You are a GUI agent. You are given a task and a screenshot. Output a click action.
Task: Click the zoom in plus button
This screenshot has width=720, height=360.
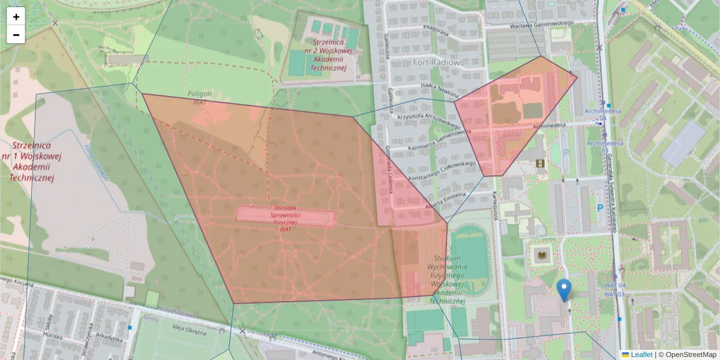click(x=16, y=17)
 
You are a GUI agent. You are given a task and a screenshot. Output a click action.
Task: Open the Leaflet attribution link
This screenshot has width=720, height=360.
click(x=641, y=355)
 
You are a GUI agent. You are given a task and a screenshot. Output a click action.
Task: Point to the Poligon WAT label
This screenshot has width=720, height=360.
click(x=200, y=98)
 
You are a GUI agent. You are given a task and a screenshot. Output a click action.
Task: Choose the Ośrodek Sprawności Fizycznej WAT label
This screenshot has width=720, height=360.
click(x=286, y=214)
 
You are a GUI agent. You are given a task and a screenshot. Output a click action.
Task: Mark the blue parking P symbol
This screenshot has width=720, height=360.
click(x=599, y=208)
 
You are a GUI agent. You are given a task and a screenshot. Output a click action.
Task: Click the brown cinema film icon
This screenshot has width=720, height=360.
click(x=541, y=163)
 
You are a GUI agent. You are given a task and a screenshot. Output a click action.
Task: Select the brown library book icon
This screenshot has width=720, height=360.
click(x=541, y=256)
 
